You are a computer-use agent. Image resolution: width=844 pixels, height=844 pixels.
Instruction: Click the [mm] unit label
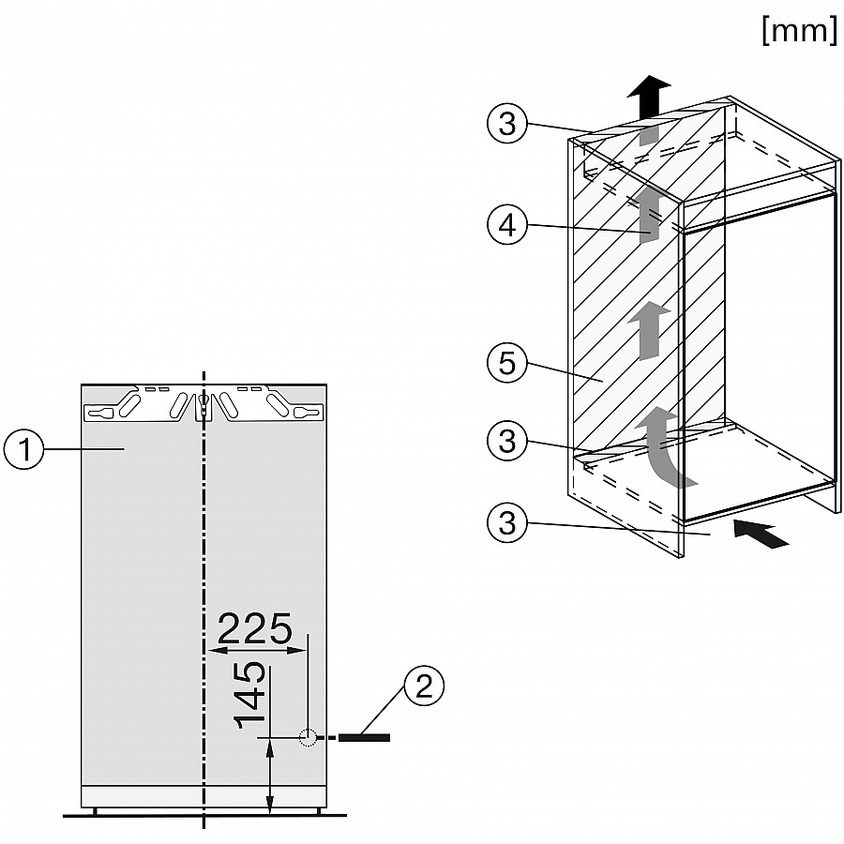(x=800, y=30)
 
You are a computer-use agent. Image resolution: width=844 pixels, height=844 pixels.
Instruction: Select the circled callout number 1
(x=24, y=448)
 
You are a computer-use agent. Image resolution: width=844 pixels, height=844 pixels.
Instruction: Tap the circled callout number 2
(x=424, y=686)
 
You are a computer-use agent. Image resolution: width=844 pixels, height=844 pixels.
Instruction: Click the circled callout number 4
(x=507, y=225)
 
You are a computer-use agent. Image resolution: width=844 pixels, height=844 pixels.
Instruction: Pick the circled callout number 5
(x=507, y=362)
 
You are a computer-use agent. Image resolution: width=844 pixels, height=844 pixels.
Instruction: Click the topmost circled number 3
(x=507, y=123)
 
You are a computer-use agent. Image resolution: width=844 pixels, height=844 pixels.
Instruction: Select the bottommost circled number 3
(x=507, y=522)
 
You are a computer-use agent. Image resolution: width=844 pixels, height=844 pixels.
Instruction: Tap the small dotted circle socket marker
(x=308, y=737)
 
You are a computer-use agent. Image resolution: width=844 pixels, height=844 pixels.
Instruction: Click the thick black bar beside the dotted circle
(x=364, y=737)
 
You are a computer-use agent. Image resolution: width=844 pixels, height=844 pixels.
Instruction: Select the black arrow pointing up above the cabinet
(x=649, y=97)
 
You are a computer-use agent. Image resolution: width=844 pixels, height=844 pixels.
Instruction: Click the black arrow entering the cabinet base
(x=761, y=533)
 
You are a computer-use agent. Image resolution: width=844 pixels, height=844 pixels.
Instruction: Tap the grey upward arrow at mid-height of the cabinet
(x=649, y=330)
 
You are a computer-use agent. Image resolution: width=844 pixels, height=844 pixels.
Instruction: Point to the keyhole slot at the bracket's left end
(x=100, y=414)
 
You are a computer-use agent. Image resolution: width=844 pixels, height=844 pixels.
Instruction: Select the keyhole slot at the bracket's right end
(x=308, y=414)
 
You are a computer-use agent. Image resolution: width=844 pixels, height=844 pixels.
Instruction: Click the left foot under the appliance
(x=96, y=810)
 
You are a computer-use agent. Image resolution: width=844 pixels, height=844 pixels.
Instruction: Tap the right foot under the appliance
(x=318, y=810)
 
